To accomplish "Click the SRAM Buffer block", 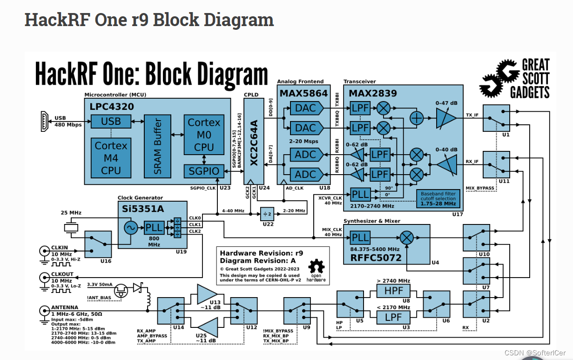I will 157,145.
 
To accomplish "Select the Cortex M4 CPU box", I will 111,158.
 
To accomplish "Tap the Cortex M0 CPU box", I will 204,135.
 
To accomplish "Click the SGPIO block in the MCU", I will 204,171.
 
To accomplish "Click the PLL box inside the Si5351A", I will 154,228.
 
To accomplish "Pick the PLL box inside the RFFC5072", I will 360,238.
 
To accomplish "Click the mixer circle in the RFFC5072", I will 407,238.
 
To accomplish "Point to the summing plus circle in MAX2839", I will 417,118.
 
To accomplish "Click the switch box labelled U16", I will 98,244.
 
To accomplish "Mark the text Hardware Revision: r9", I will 261,253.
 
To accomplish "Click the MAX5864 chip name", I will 303,93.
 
